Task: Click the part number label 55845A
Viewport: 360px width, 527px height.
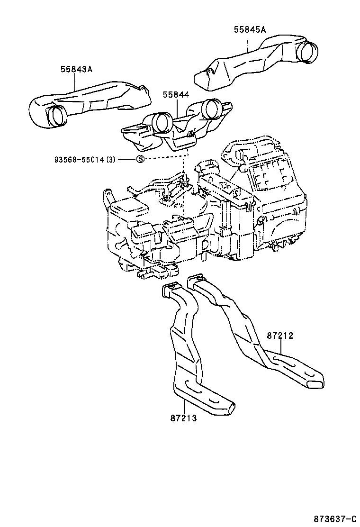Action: point(250,30)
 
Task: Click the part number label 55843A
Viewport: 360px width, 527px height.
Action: point(76,69)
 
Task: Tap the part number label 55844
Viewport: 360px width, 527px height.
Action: point(176,95)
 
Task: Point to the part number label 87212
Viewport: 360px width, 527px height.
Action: point(280,336)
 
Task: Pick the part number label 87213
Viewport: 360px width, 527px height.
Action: point(183,418)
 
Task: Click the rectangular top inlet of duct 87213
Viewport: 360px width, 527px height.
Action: point(171,289)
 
